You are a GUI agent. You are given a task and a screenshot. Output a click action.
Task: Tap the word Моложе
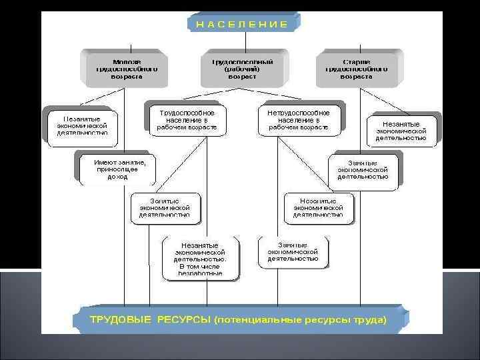[x=126, y=61]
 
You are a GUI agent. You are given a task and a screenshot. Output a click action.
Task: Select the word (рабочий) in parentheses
[x=242, y=69]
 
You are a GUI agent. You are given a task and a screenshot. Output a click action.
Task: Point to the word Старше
[x=357, y=61]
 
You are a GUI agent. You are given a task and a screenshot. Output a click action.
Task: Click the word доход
[x=117, y=177]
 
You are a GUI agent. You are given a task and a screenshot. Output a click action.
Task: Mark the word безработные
[x=200, y=273]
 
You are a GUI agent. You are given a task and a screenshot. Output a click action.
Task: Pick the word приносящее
[x=117, y=170]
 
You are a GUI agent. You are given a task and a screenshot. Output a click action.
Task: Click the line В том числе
[x=200, y=266]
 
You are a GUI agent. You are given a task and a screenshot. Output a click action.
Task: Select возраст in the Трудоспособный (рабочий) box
[x=242, y=77]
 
